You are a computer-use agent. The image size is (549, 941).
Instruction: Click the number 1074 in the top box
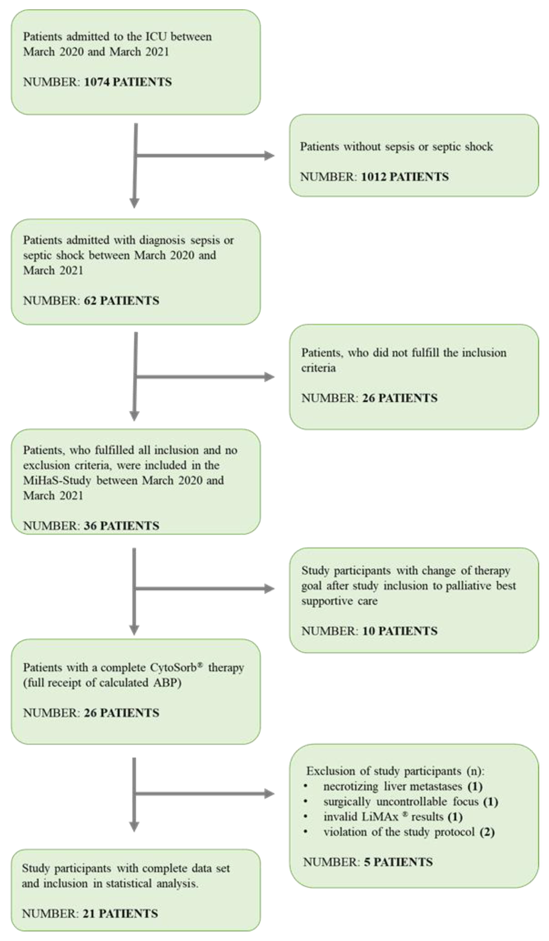coord(96,82)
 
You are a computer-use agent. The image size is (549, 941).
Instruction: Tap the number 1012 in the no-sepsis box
coord(373,177)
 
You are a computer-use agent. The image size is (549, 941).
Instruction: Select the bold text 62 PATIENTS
coord(121,301)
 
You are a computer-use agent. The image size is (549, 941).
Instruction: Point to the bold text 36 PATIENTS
coord(121,526)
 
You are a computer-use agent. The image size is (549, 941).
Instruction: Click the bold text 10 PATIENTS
coord(400,631)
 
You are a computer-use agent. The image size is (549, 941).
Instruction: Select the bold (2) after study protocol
coord(487,832)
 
